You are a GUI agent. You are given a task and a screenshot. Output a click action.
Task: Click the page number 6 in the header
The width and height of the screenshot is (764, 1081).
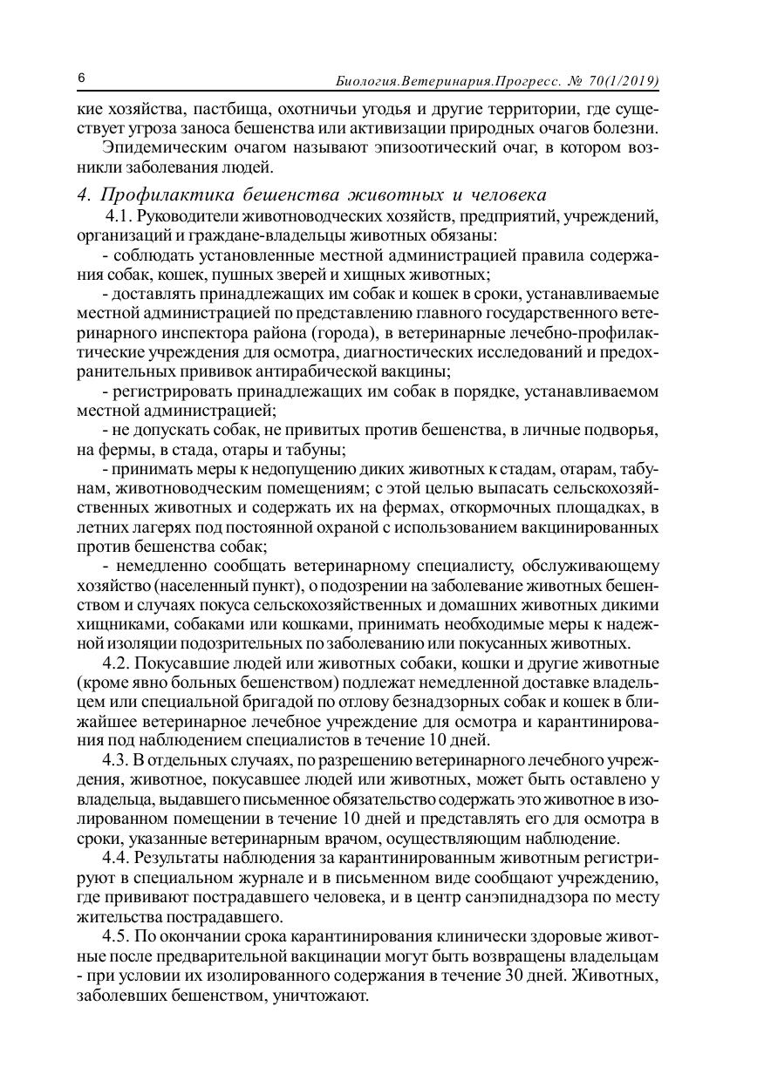pyautogui.click(x=81, y=79)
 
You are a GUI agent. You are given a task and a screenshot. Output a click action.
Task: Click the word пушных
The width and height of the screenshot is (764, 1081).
pyautogui.click(x=241, y=274)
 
